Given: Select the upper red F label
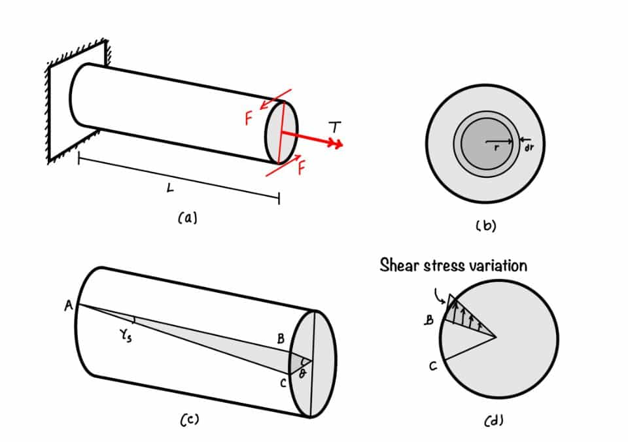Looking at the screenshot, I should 249,118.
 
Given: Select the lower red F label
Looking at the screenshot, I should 302,167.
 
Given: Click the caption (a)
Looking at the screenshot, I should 187,218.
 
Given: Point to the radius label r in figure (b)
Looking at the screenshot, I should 498,148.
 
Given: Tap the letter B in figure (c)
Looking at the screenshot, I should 281,339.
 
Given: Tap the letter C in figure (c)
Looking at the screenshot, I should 283,384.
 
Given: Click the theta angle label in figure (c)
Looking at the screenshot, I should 302,371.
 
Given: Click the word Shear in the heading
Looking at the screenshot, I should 400,265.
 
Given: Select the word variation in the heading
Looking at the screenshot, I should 498,265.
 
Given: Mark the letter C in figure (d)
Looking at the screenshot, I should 432,367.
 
